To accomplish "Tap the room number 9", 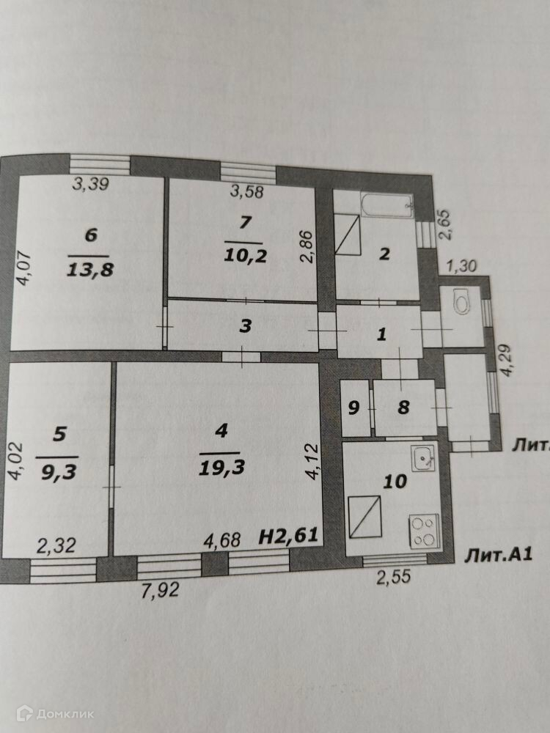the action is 353,408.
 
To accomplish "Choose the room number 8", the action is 403,408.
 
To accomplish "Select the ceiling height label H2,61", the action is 289,537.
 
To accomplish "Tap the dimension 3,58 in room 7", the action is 247,192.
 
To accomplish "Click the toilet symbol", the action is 462,303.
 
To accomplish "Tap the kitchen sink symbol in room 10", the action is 424,459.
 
